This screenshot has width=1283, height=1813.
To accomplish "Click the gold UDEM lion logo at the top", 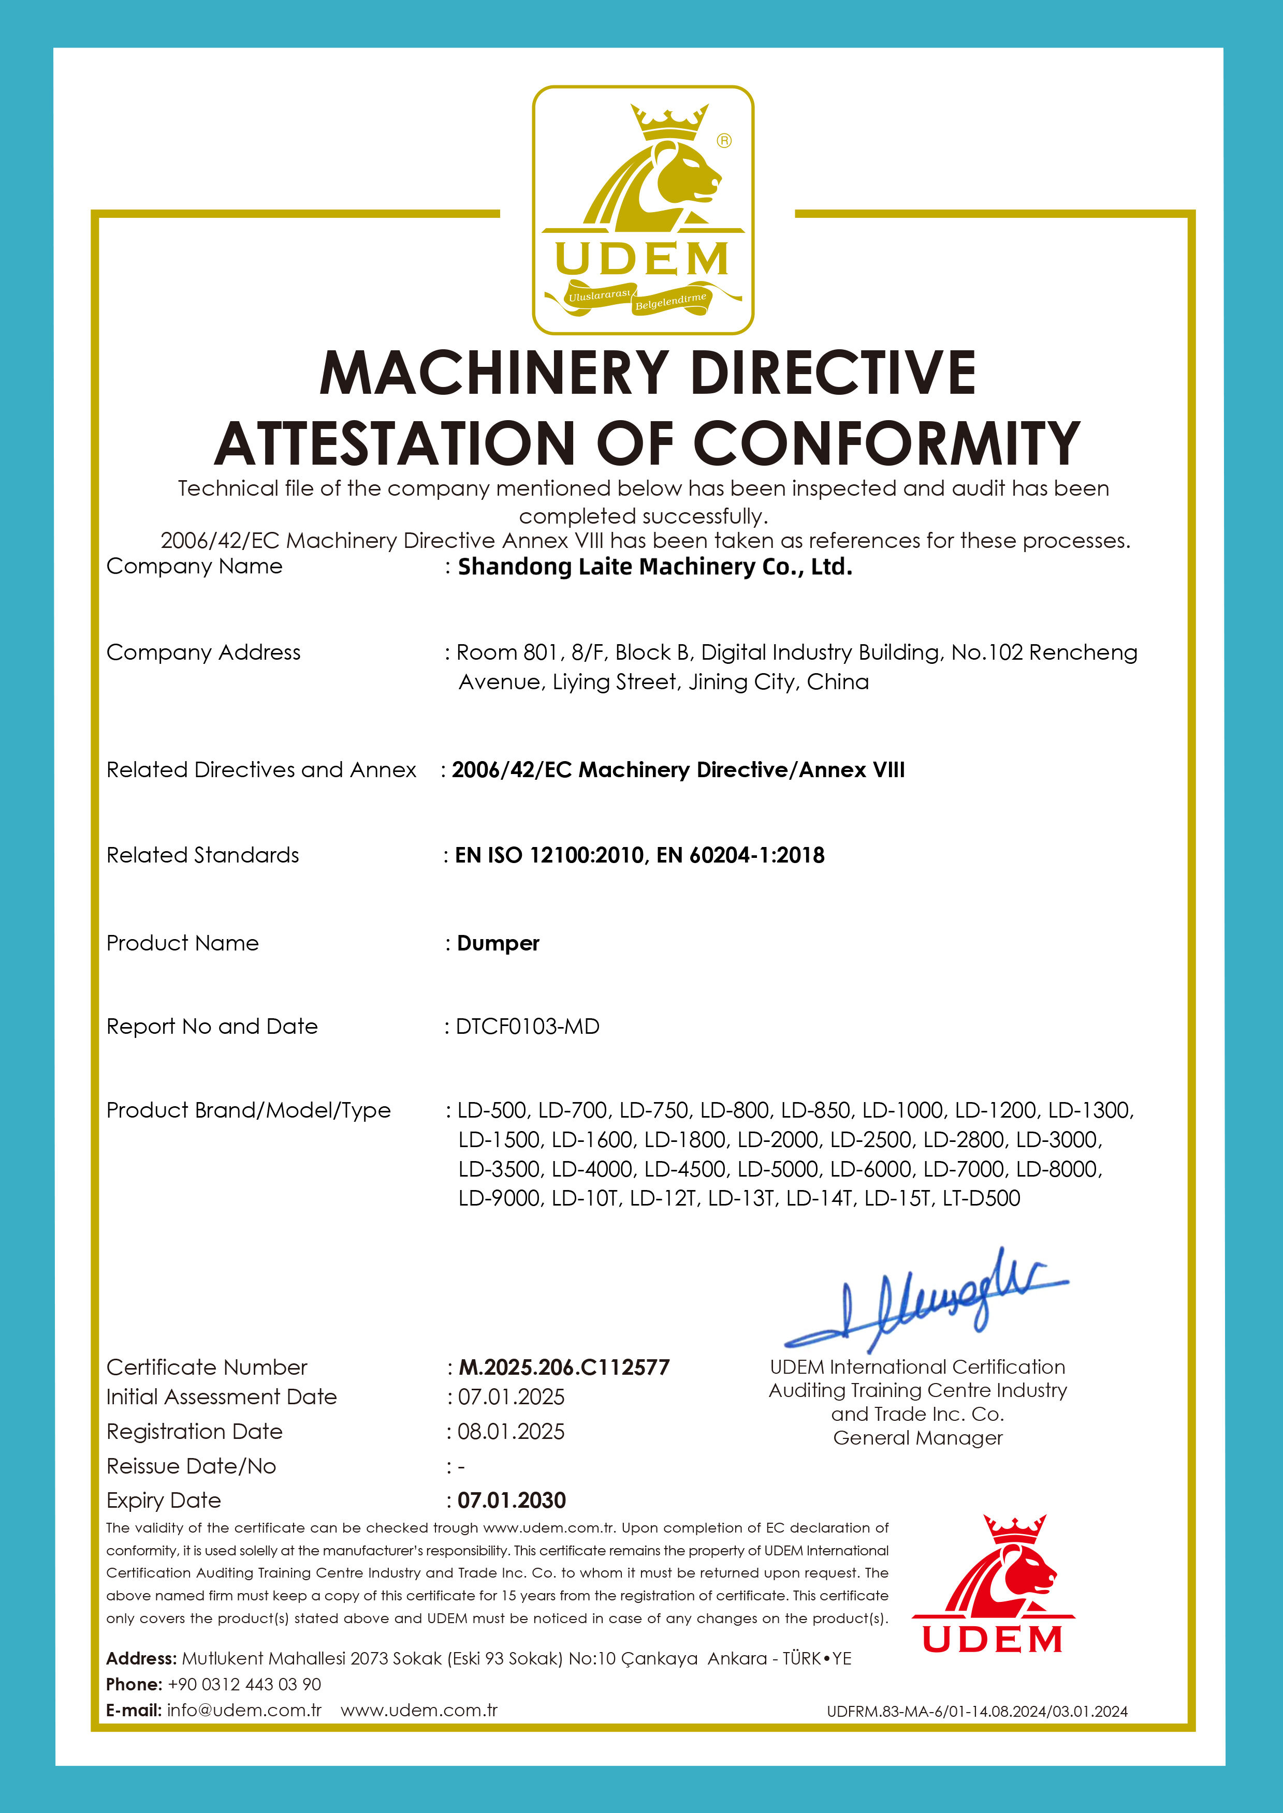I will [643, 209].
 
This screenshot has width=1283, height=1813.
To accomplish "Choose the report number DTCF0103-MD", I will [527, 1027].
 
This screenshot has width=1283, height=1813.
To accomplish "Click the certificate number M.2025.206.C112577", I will [564, 1367].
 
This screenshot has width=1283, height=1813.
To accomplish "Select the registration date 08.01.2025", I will [511, 1432].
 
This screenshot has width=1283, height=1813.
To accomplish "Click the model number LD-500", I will [492, 1110].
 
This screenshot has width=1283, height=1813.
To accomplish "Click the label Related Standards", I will [202, 855].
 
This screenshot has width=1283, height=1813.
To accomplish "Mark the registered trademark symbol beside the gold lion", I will [724, 141].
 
